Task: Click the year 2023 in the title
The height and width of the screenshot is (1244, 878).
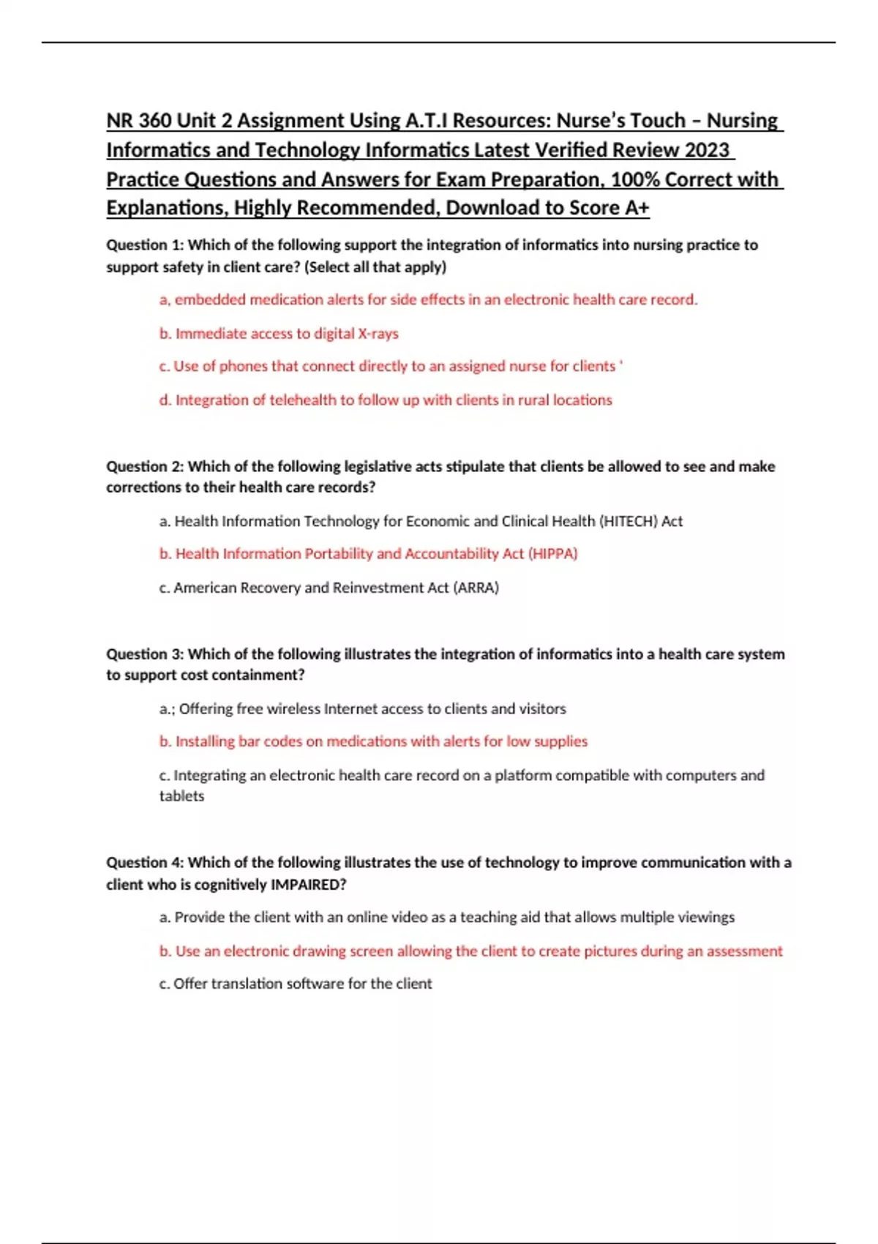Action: [x=708, y=150]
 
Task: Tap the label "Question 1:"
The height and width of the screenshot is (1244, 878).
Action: [x=145, y=245]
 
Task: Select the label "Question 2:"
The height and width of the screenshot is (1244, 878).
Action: [x=145, y=466]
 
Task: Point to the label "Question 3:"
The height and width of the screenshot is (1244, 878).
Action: [x=145, y=654]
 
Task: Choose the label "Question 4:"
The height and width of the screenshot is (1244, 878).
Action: [x=145, y=863]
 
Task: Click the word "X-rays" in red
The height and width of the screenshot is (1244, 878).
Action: [x=378, y=334]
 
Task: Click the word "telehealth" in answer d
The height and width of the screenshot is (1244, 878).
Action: [x=303, y=400]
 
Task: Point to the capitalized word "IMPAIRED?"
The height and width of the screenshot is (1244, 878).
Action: [x=308, y=885]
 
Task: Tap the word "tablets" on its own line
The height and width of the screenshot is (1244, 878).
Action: [x=181, y=796]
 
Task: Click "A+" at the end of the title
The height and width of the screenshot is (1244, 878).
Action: [x=637, y=209]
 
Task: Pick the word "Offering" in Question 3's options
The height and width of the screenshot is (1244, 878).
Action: [x=206, y=709]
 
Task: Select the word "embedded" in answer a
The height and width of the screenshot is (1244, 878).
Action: [x=210, y=300]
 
